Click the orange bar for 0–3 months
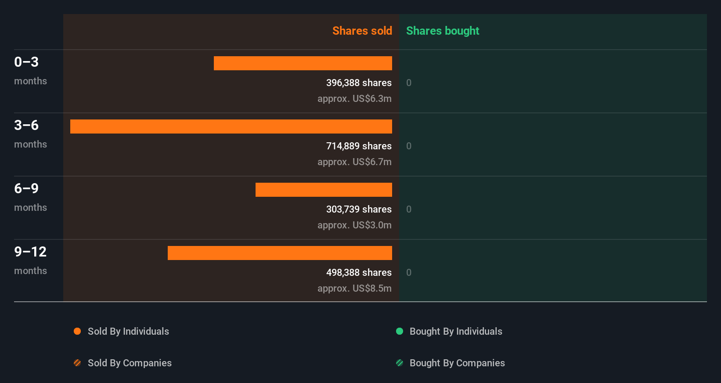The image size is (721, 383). click(303, 63)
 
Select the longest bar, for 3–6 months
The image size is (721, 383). click(231, 126)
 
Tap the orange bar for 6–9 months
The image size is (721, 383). click(324, 190)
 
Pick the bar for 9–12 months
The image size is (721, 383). click(280, 253)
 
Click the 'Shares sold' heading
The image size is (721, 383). click(362, 31)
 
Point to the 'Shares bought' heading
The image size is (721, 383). click(442, 31)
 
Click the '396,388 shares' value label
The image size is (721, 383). click(359, 83)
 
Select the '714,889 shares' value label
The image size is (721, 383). click(359, 146)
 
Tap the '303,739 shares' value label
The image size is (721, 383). click(359, 209)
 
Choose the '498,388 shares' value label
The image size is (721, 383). click(359, 272)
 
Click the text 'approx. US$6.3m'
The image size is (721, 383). click(354, 98)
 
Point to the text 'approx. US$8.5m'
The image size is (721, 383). click(354, 288)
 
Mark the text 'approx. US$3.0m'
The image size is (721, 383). click(354, 225)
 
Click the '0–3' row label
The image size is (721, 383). click(26, 62)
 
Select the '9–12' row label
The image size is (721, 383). click(30, 252)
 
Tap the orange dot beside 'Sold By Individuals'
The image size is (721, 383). click(77, 331)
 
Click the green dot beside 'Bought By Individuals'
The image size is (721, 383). click(400, 331)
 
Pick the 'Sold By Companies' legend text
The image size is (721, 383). click(130, 363)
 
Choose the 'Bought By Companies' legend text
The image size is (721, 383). click(457, 363)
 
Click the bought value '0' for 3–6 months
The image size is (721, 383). click(409, 146)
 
